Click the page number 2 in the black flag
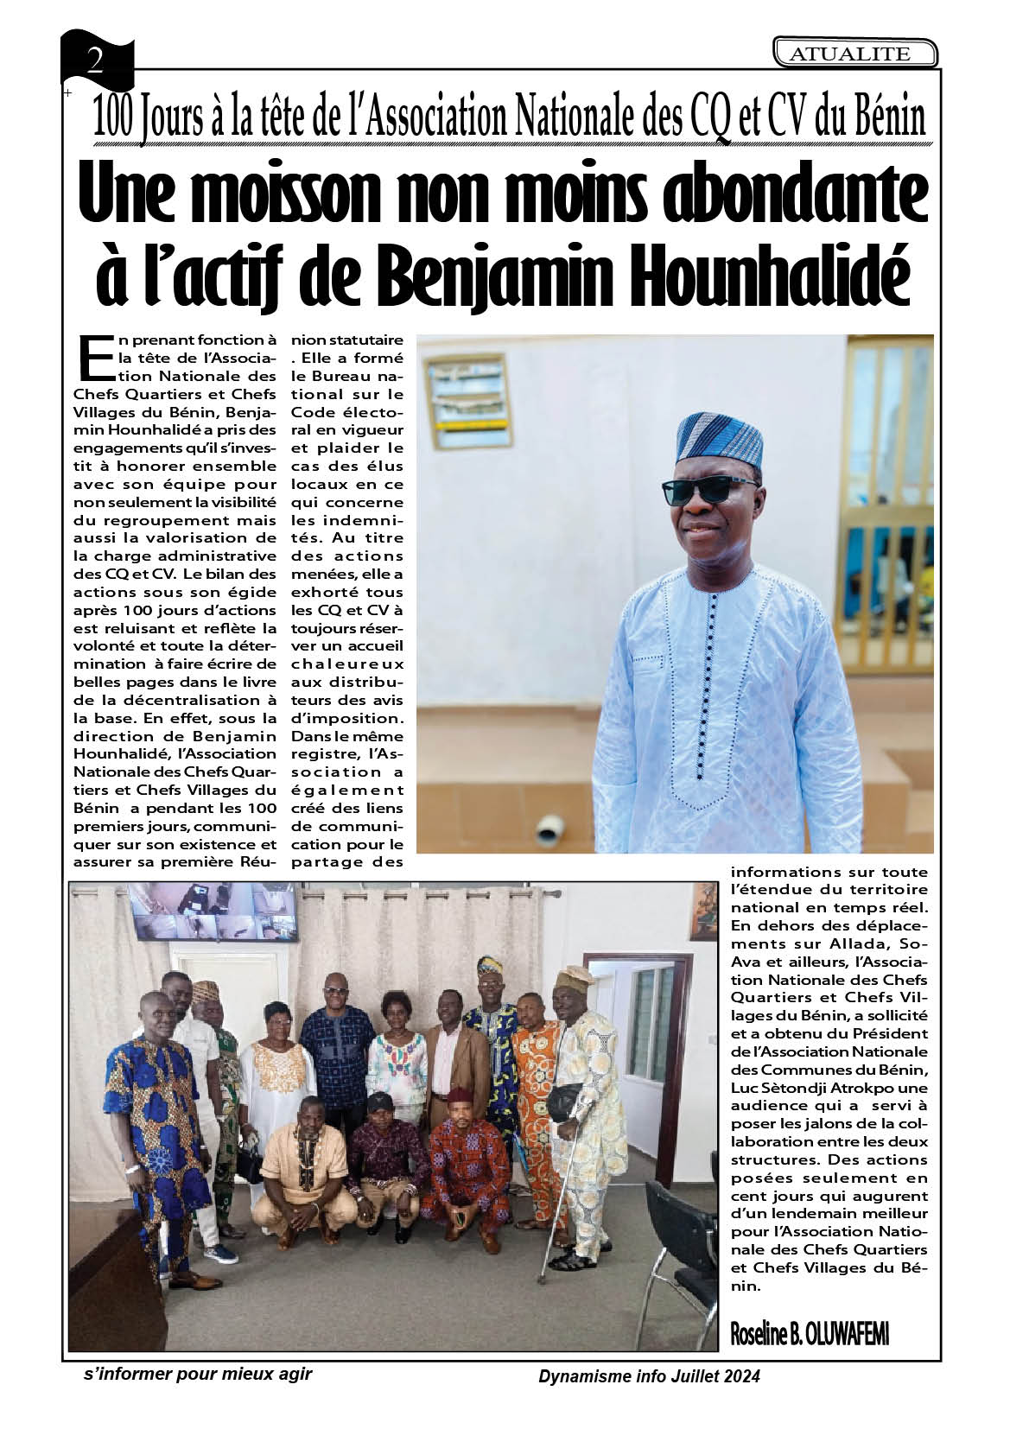[95, 60]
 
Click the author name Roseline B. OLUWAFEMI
[810, 1333]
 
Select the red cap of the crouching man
[458, 1096]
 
